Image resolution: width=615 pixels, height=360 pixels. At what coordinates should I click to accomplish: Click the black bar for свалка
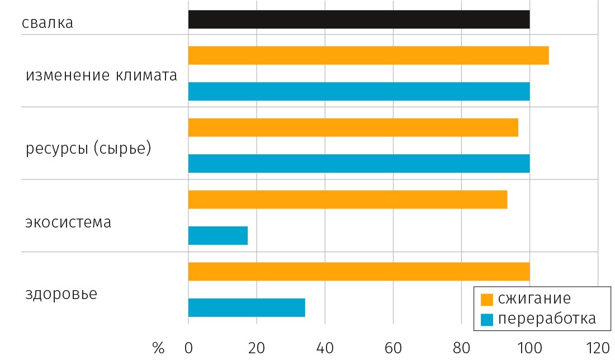pyautogui.click(x=358, y=19)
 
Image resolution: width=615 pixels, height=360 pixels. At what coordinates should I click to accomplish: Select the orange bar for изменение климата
pyautogui.click(x=368, y=55)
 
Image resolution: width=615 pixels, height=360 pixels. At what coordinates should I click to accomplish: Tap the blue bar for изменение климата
pyautogui.click(x=358, y=91)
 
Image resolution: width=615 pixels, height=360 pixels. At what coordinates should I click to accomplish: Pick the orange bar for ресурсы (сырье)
pyautogui.click(x=353, y=127)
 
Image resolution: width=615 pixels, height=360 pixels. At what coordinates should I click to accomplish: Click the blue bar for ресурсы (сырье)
pyautogui.click(x=358, y=163)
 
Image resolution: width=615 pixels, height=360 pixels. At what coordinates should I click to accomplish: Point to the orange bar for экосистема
pyautogui.click(x=347, y=200)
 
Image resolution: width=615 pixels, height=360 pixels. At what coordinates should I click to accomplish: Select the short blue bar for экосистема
pyautogui.click(x=217, y=235)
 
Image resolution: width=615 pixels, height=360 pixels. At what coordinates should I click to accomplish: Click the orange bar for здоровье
pyautogui.click(x=358, y=272)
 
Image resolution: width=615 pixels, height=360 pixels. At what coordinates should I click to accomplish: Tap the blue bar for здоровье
pyautogui.click(x=247, y=307)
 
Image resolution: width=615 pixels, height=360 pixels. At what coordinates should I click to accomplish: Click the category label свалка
pyautogui.click(x=48, y=23)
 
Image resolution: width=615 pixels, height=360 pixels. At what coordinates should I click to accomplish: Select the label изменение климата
pyautogui.click(x=101, y=75)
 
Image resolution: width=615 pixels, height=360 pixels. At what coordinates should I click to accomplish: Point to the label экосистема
pyautogui.click(x=68, y=222)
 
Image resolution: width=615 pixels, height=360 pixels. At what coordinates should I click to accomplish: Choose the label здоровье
pyautogui.click(x=61, y=294)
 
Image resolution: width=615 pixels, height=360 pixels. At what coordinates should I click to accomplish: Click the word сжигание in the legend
pyautogui.click(x=534, y=298)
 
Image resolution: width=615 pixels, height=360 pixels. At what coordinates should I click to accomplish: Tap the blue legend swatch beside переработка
pyautogui.click(x=486, y=319)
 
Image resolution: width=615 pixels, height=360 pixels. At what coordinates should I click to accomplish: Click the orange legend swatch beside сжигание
pyautogui.click(x=486, y=299)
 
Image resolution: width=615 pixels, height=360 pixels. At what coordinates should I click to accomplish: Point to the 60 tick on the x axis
pyautogui.click(x=393, y=348)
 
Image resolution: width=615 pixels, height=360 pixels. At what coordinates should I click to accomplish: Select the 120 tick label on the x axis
pyautogui.click(x=598, y=348)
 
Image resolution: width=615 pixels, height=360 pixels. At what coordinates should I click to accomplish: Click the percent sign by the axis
pyautogui.click(x=158, y=348)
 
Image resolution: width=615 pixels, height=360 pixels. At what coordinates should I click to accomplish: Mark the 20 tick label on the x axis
pyautogui.click(x=257, y=348)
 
